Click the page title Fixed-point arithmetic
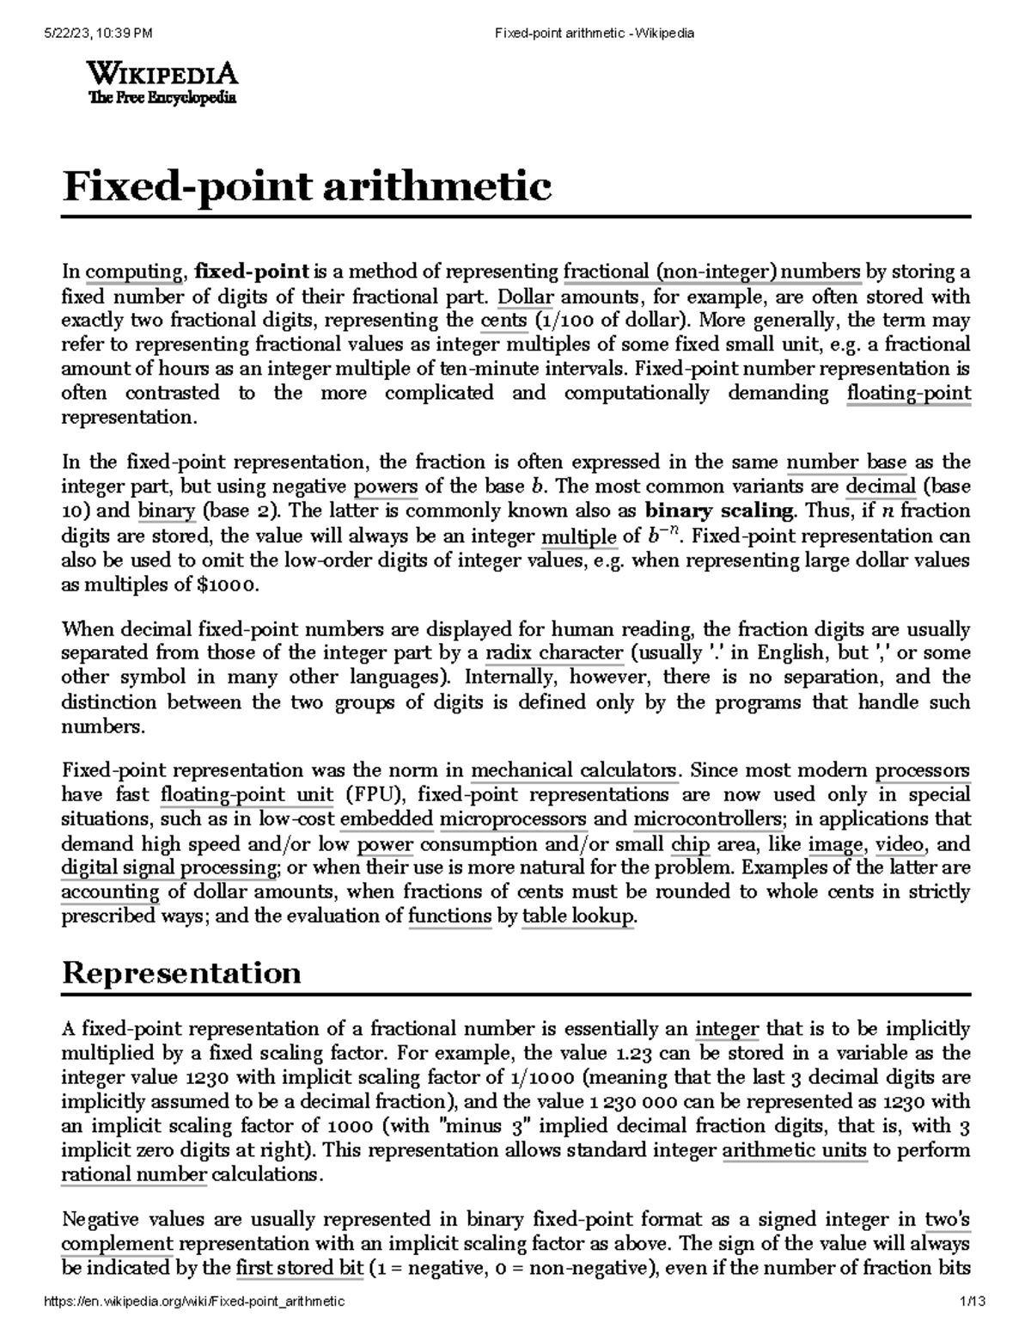(307, 187)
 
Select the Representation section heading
(181, 972)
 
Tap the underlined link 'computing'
(133, 273)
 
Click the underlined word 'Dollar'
(526, 297)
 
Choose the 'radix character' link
(553, 652)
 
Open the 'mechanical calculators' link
(575, 769)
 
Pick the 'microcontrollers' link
(706, 818)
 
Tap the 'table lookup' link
(577, 916)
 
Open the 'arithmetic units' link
(795, 1150)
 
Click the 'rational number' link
(134, 1174)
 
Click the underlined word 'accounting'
(110, 892)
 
